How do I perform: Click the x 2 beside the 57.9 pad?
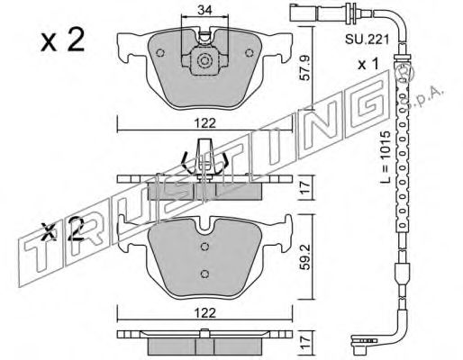64,40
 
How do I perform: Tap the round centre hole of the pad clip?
204,62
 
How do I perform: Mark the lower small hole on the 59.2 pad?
204,274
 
